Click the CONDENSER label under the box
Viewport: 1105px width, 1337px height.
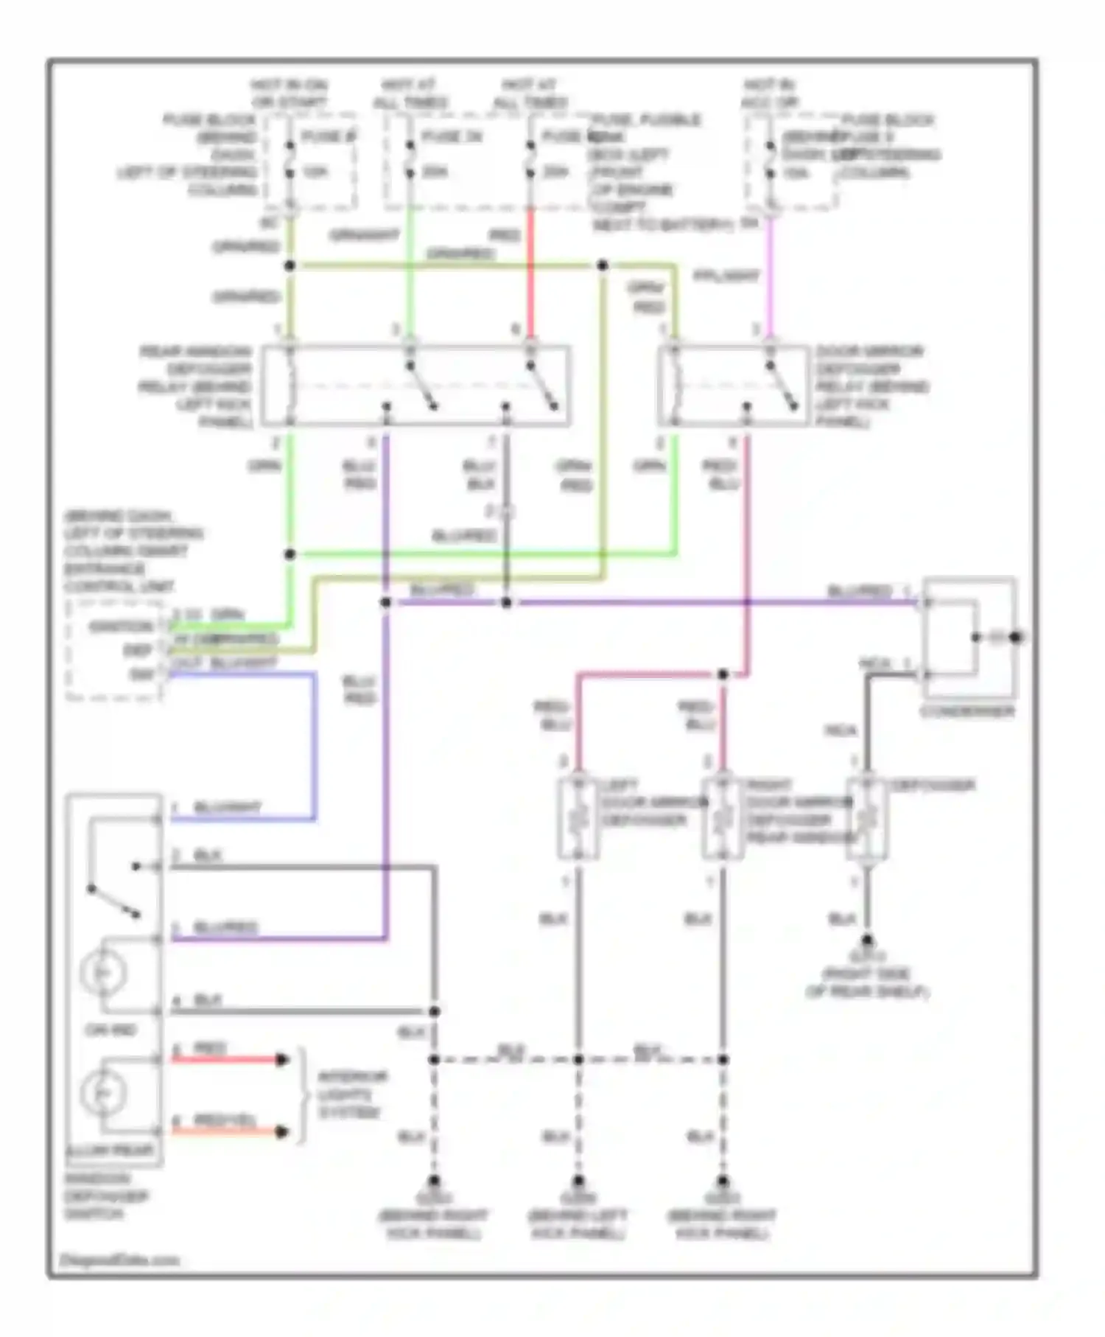967,712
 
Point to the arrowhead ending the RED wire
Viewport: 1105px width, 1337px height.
281,1060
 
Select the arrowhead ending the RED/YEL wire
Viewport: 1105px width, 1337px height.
281,1131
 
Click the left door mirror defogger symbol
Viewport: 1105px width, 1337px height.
579,818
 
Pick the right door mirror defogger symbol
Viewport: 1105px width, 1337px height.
723,818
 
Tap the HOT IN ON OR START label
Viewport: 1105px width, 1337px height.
289,94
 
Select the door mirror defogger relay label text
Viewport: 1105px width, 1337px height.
871,386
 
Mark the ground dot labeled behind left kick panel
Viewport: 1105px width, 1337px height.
578,1180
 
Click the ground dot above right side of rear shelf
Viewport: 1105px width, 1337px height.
867,940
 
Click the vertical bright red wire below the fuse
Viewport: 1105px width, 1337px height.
530,273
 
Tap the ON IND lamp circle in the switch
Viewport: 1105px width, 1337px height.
104,974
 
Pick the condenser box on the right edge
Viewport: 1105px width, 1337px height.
969,638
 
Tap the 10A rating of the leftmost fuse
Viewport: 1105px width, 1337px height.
316,172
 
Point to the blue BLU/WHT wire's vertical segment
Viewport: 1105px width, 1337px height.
315,744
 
